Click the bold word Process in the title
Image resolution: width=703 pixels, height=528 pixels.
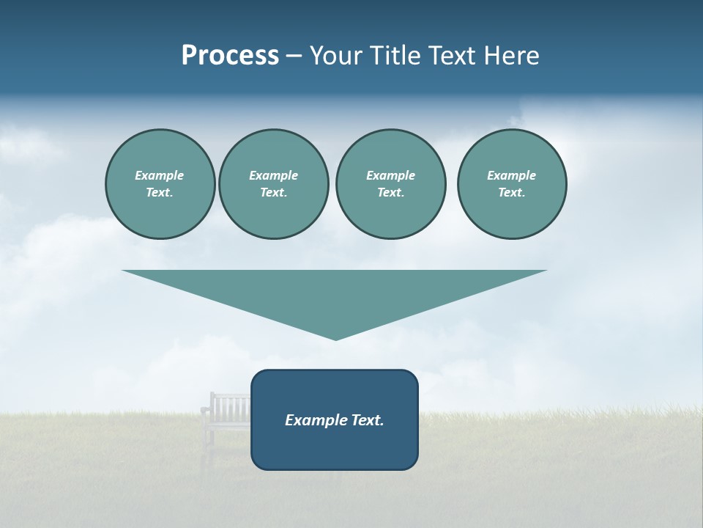230,56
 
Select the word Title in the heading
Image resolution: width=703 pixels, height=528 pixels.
399,56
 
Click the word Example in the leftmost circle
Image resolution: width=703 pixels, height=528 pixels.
160,175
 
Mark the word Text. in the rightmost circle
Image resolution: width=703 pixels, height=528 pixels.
512,193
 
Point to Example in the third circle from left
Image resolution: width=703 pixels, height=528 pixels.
390,175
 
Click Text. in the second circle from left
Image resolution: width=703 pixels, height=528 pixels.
273,193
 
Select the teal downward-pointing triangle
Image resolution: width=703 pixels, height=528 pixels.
335,293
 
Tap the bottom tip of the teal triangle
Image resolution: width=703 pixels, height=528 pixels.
335,338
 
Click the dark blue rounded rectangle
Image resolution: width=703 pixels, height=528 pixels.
335,447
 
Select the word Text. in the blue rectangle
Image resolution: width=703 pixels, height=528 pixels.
368,420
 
